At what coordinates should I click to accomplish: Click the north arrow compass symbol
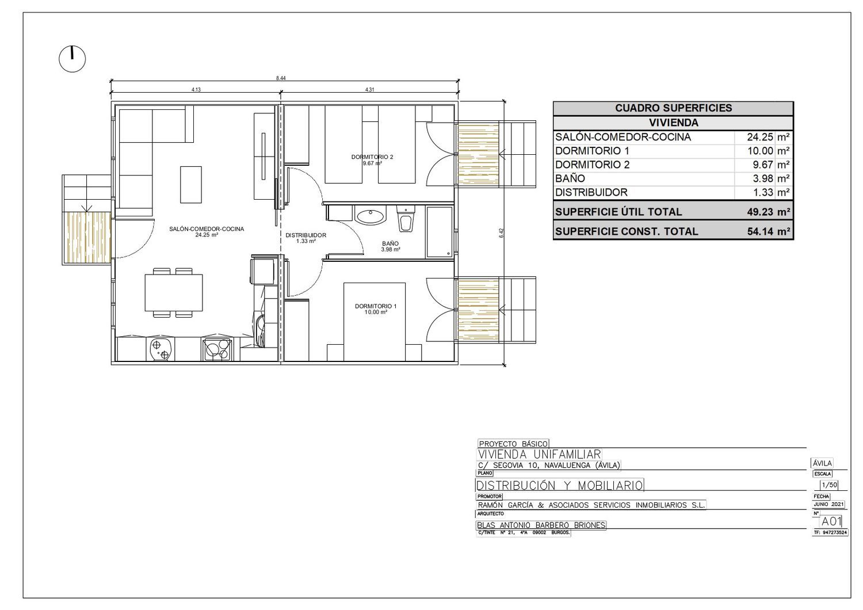(x=72, y=59)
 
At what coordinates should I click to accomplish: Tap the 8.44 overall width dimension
(x=281, y=78)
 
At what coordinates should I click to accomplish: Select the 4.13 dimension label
(x=196, y=90)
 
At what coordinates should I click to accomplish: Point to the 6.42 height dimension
(x=501, y=232)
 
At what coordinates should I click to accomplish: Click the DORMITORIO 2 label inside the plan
(x=372, y=157)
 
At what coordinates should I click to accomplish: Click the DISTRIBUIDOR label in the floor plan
(x=306, y=235)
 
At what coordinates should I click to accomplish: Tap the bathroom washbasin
(x=371, y=215)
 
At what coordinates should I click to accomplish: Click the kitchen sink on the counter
(x=160, y=349)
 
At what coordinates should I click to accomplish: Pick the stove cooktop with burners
(x=217, y=349)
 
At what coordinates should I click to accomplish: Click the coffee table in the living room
(x=191, y=185)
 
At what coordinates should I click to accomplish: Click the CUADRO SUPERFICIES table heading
(x=674, y=108)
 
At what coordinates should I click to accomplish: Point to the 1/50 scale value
(x=830, y=485)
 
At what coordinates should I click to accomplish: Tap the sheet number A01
(x=831, y=521)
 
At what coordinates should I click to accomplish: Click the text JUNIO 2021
(x=828, y=505)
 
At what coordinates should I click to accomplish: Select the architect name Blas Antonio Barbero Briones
(x=541, y=525)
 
